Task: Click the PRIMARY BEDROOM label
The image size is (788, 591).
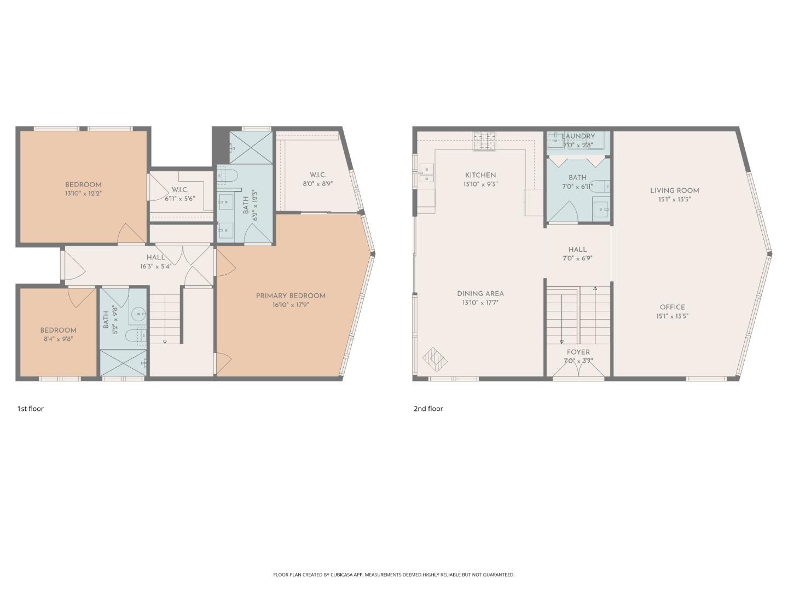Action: coord(291,296)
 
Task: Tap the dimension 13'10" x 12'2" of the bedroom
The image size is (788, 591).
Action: coord(83,194)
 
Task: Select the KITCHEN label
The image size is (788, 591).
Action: coord(480,175)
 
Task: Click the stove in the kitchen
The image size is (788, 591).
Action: coord(484,141)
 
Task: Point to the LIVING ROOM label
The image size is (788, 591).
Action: coord(674,190)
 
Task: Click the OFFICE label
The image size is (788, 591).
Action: coord(672,307)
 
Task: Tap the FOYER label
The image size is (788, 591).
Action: coord(578,352)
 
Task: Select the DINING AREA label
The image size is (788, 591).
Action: coord(480,294)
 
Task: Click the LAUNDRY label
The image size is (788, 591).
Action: coord(578,136)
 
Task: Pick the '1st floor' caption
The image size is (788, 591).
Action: coord(30,409)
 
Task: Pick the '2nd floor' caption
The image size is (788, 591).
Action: coord(428,409)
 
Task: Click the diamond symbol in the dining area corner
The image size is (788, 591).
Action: coord(436,359)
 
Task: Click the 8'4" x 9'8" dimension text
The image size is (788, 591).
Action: coord(57,339)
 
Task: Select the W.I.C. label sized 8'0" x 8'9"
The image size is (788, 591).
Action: coord(318,175)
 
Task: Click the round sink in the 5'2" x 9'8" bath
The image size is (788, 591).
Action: coord(138,314)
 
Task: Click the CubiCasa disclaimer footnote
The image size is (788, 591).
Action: coord(393,575)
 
